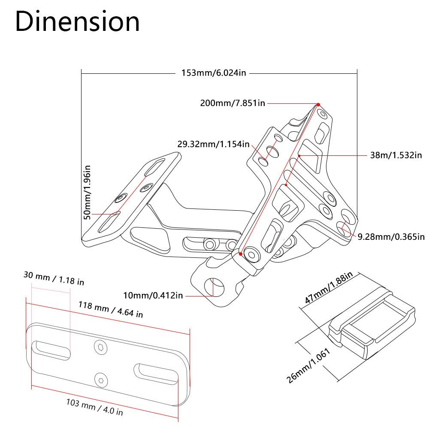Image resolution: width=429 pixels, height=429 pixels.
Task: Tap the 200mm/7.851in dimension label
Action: pyautogui.click(x=232, y=103)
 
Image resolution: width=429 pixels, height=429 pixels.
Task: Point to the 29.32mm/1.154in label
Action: pyautogui.click(x=213, y=144)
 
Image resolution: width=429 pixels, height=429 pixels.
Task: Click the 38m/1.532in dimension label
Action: pyautogui.click(x=396, y=155)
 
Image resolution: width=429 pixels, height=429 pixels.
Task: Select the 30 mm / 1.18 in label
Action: pyautogui.click(x=54, y=280)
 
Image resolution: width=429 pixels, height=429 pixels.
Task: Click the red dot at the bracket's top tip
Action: pyautogui.click(x=319, y=105)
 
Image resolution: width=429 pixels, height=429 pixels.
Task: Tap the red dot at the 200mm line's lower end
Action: pyautogui.click(x=241, y=254)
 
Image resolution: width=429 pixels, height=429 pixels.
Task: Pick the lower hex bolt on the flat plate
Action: pyautogui.click(x=100, y=380)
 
